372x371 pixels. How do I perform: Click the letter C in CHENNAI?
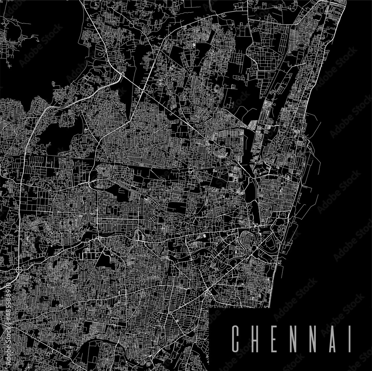[x=235, y=339]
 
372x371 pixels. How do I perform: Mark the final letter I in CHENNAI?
[x=350, y=339]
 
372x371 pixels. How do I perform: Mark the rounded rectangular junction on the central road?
[x=191, y=170]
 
